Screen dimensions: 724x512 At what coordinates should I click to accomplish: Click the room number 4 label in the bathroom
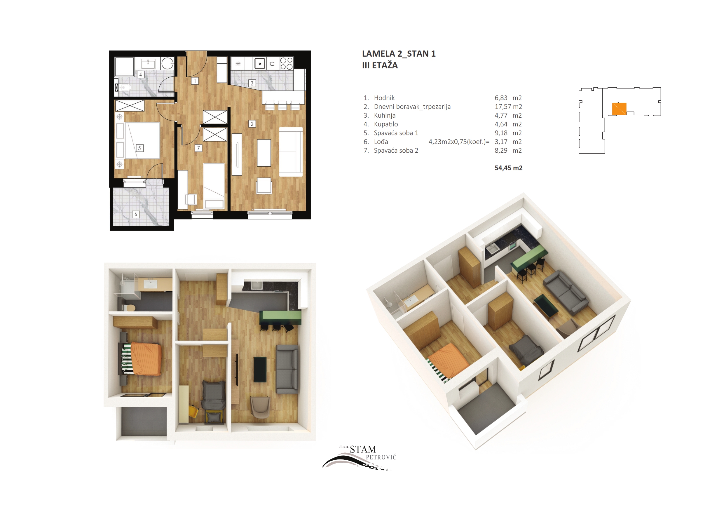(141, 75)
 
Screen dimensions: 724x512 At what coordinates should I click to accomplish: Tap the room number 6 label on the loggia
(136, 214)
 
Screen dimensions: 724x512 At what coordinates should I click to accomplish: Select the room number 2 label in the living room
(252, 124)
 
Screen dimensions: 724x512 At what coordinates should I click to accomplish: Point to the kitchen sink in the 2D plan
(259, 63)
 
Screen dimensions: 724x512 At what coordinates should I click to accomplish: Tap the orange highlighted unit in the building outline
(619, 109)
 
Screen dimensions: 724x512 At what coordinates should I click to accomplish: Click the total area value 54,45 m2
(508, 168)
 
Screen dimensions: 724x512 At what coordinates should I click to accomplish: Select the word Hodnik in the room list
(384, 98)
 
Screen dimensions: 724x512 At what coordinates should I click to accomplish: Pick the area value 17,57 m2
(508, 107)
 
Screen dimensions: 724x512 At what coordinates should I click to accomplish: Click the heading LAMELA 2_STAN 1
(399, 54)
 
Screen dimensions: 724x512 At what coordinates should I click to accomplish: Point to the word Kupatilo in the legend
(386, 124)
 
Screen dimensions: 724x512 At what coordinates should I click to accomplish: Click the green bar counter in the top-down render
(280, 317)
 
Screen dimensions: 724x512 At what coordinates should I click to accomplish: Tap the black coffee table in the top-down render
(260, 370)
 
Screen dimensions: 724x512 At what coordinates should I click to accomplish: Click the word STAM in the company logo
(363, 449)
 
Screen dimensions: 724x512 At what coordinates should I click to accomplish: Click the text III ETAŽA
(380, 65)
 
